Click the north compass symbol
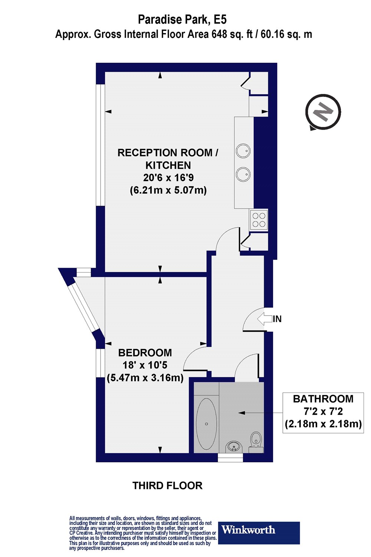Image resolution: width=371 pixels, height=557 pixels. point(323,112)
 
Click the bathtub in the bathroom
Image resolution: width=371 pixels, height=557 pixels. point(206,424)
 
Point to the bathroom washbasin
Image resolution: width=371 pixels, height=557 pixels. point(234,447)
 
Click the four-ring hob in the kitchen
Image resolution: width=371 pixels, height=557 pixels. point(259,219)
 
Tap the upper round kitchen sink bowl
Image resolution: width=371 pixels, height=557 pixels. point(243,151)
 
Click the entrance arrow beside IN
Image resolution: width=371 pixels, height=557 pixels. point(264,319)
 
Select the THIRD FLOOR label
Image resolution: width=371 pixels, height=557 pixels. point(167,486)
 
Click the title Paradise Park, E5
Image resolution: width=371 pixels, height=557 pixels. point(182,19)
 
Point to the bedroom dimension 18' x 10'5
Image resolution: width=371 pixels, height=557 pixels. point(145,365)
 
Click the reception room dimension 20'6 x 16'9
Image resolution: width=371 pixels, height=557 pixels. point(168,177)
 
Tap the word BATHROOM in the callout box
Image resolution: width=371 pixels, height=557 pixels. point(323,399)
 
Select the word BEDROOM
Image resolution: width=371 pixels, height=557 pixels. point(145,353)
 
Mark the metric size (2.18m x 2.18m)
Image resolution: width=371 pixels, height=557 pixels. point(323,424)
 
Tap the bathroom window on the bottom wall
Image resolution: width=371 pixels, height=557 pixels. point(230,459)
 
